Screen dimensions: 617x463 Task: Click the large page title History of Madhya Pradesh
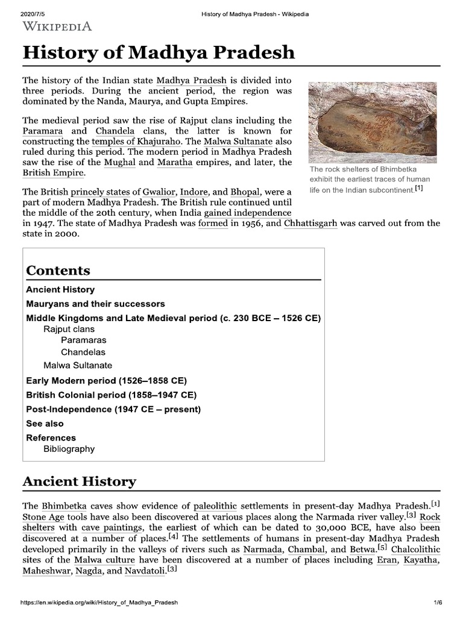(x=159, y=52)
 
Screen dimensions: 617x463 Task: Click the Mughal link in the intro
(x=119, y=163)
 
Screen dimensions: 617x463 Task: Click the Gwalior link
(x=159, y=192)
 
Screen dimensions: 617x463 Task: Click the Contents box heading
(x=58, y=271)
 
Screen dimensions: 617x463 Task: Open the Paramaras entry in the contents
(x=83, y=340)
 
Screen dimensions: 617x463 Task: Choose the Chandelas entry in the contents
(x=83, y=352)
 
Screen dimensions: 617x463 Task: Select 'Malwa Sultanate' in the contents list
(x=77, y=365)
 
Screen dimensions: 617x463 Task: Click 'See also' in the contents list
(x=45, y=424)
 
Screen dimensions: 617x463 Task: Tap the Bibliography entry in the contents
(x=69, y=449)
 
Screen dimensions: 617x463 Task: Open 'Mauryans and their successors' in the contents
(x=95, y=304)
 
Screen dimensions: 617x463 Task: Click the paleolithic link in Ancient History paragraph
(x=215, y=505)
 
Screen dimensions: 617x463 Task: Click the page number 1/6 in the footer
(x=438, y=603)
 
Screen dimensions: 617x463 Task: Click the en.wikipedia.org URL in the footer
(x=99, y=603)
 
